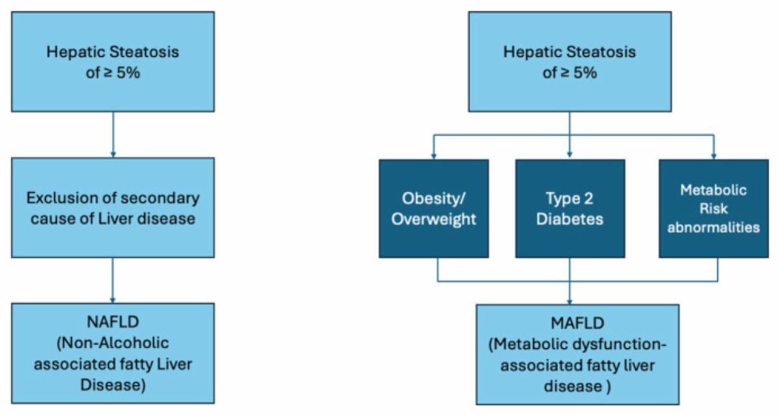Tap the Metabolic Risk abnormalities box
718,208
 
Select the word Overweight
438,219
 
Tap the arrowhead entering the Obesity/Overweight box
434,155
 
